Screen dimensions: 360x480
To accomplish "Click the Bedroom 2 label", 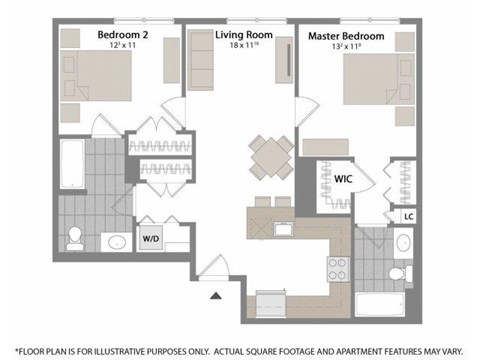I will coord(122,35).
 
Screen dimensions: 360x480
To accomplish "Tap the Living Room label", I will coord(242,35).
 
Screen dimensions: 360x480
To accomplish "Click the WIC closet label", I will coord(343,180).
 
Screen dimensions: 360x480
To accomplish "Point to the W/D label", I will coord(152,238).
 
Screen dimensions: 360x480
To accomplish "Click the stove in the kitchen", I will coord(337,267).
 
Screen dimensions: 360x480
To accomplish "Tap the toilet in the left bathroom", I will coord(74,238).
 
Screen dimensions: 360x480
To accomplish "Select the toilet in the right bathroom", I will coord(397,272).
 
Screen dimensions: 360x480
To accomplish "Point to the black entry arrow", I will coord(214,295).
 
